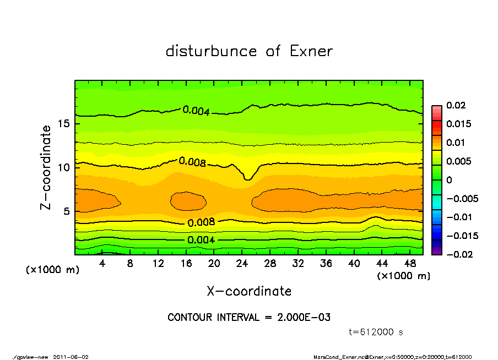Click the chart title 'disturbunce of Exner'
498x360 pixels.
[x=249, y=51]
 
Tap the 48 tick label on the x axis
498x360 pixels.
[x=410, y=264]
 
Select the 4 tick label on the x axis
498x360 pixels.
[x=102, y=264]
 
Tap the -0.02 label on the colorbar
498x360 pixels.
[x=458, y=254]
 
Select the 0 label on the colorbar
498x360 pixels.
[x=449, y=180]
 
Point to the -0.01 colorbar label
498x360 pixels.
[x=458, y=217]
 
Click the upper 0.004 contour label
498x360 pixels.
[x=196, y=111]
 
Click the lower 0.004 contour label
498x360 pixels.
[x=201, y=240]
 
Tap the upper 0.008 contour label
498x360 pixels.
[x=192, y=162]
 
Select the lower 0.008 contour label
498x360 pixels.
[x=201, y=223]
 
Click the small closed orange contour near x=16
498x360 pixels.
[x=188, y=201]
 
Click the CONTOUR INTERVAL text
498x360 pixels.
[x=249, y=318]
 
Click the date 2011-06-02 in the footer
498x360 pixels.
[x=71, y=357]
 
